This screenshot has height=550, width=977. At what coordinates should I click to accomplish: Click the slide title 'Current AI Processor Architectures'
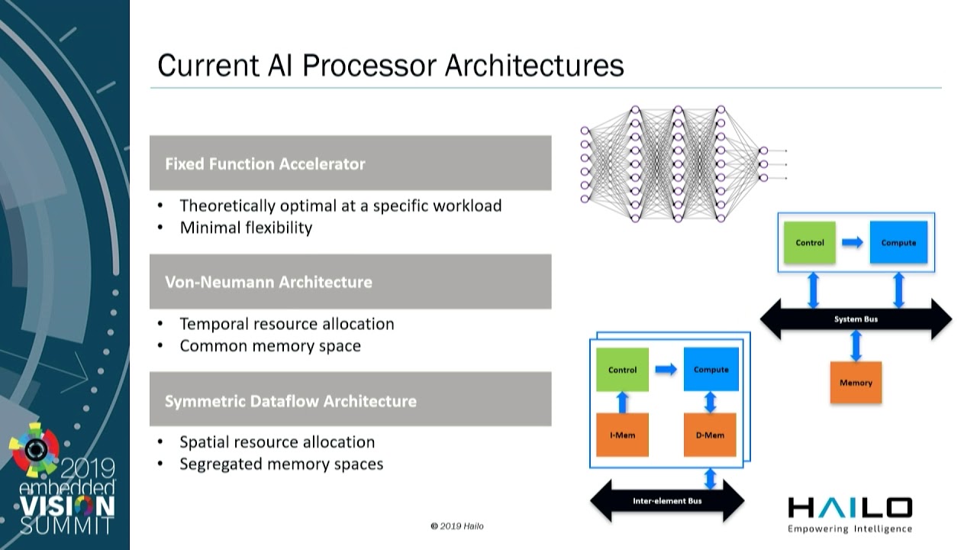pos(390,65)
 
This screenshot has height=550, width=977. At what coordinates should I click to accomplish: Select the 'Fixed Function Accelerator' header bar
pos(350,163)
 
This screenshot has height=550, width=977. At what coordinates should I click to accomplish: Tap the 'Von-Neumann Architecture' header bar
pos(350,282)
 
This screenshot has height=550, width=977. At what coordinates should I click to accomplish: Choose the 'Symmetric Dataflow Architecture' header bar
pos(350,400)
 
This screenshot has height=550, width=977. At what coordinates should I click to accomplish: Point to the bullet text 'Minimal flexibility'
pos(246,228)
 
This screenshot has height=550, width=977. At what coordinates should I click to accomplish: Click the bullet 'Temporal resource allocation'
pos(287,324)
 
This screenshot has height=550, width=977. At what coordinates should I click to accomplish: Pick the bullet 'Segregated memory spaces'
pos(281,464)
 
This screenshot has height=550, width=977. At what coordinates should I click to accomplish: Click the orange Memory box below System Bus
pos(856,383)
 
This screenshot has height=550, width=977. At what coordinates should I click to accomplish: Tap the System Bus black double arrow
pos(856,319)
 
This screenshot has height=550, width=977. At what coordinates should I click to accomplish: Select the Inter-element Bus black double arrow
pos(667,501)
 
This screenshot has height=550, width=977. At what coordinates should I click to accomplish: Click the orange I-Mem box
pos(622,435)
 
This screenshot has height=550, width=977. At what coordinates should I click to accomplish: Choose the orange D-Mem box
pos(711,435)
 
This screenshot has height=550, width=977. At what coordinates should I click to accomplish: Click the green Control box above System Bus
pos(810,243)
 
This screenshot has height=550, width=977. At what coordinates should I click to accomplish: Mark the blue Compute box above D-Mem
pos(711,370)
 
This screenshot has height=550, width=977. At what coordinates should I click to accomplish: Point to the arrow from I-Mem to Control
pos(622,403)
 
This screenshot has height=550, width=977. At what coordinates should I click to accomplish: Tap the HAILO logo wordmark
pos(850,508)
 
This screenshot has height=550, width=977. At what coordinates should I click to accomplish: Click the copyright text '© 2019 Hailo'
pos(456,526)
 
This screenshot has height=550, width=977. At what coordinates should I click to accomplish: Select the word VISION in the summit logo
pos(67,506)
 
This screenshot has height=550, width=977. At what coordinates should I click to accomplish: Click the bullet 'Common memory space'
pos(270,346)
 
